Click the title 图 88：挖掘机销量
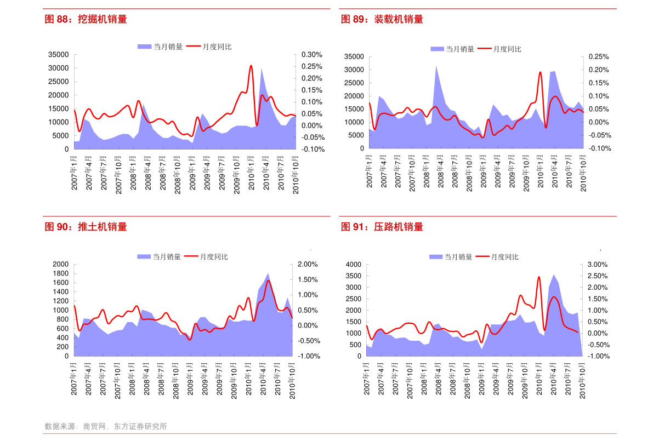[x=86, y=20]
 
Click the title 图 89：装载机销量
[x=382, y=20]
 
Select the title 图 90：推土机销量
[x=86, y=227]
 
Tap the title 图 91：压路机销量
[x=382, y=227]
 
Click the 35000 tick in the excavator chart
[x=59, y=55]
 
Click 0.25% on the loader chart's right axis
[x=599, y=56]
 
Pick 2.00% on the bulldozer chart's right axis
[x=307, y=264]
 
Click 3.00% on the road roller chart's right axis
[x=598, y=264]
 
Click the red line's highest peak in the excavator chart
[x=251, y=66]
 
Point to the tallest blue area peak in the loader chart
[x=436, y=66]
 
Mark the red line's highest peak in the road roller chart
[x=539, y=277]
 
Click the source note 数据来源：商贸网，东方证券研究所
[x=106, y=426]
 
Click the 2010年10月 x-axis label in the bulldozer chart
[x=292, y=380]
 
